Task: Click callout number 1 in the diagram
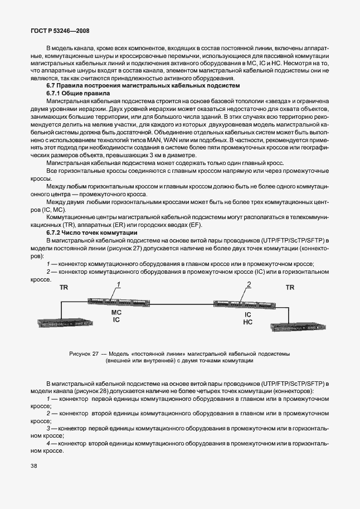tap(118, 285)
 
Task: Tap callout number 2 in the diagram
tap(249, 285)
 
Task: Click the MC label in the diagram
tap(116, 313)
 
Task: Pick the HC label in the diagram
tap(248, 323)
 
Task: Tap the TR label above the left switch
tap(64, 288)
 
